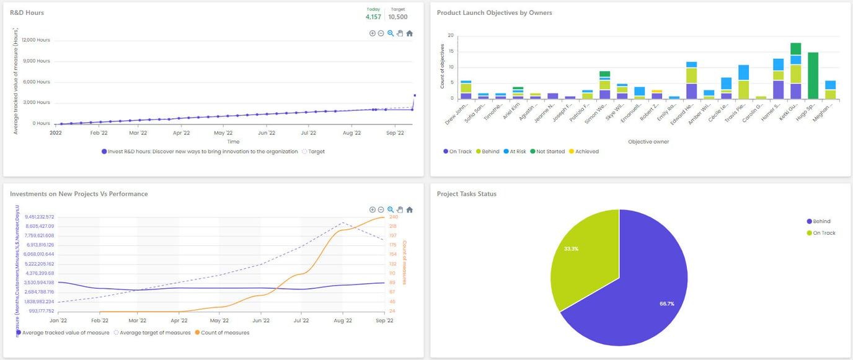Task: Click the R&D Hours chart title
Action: (27, 12)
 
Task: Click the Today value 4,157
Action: (373, 17)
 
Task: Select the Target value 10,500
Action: (398, 17)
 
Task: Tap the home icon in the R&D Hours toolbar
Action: (409, 33)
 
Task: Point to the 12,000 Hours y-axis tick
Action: (36, 40)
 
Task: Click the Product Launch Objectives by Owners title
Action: (494, 12)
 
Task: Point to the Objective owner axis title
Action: (648, 141)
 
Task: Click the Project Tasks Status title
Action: (466, 194)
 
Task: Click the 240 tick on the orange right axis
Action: (392, 217)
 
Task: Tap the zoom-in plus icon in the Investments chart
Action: (372, 209)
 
